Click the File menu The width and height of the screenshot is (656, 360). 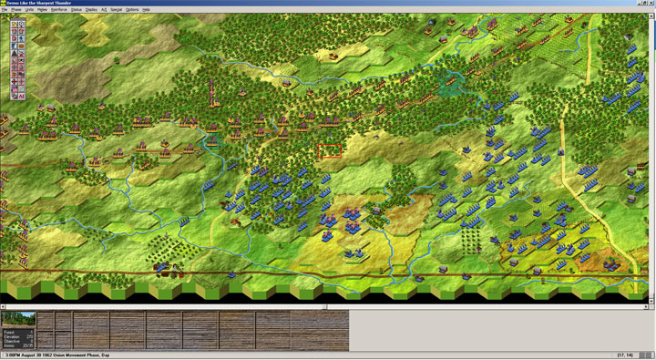[x=5, y=9]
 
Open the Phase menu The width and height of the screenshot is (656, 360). [x=18, y=9]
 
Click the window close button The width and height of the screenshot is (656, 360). [x=650, y=3]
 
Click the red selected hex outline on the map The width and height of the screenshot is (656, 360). [x=330, y=150]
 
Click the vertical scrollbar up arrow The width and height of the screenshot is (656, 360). [x=652, y=16]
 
